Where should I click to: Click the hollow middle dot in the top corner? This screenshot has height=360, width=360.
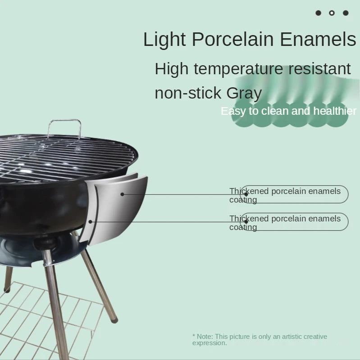(332, 13)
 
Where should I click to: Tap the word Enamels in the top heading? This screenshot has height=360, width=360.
(318, 40)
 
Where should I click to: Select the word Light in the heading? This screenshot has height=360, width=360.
(164, 40)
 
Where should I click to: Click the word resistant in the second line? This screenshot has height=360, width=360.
(319, 69)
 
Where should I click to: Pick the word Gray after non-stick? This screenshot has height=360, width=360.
(244, 93)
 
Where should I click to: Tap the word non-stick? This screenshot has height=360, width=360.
(188, 93)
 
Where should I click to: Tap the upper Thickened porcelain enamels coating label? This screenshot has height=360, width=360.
(285, 195)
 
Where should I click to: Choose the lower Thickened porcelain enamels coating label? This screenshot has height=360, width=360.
(285, 222)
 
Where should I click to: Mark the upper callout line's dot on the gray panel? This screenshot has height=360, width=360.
(122, 194)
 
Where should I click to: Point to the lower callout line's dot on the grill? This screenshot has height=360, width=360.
(91, 221)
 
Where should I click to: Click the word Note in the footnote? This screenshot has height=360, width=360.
(205, 337)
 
